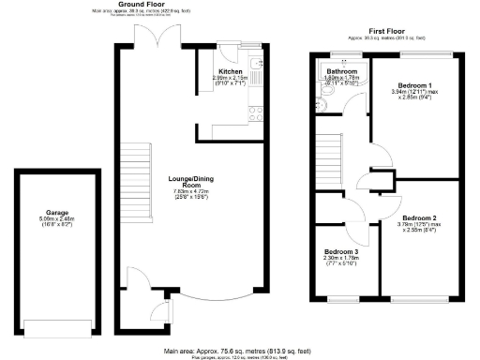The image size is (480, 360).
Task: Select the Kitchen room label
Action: click(x=231, y=71)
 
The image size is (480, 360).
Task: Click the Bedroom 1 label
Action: click(x=412, y=85)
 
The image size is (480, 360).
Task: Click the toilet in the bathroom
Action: click(x=320, y=106)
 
